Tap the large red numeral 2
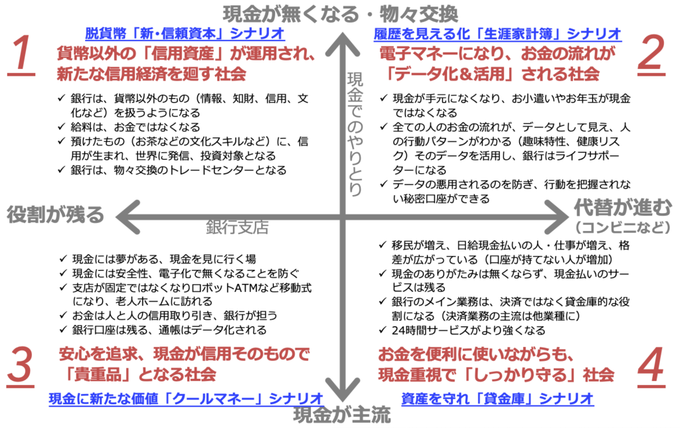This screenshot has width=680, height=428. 652,56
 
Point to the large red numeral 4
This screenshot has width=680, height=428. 651,366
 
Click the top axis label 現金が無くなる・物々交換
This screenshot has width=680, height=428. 341,14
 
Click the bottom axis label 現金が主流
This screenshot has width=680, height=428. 342,415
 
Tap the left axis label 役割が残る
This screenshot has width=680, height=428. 56,214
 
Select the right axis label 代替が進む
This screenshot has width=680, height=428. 623,208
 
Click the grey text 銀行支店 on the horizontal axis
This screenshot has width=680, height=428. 237,227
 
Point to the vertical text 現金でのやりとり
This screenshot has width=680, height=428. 355,134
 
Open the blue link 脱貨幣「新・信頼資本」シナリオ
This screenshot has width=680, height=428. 185,33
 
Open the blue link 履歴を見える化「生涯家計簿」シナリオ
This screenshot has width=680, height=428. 497,33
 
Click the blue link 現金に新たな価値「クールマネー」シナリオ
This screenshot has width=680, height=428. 186,398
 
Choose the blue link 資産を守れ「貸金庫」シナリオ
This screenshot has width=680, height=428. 497,398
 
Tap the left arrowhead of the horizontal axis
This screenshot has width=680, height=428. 127,217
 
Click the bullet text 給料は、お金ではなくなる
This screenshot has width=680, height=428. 135,127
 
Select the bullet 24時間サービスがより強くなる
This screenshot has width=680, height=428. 468,330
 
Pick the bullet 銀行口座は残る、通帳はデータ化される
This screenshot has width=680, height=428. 169,330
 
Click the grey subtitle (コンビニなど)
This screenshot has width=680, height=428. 623,227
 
